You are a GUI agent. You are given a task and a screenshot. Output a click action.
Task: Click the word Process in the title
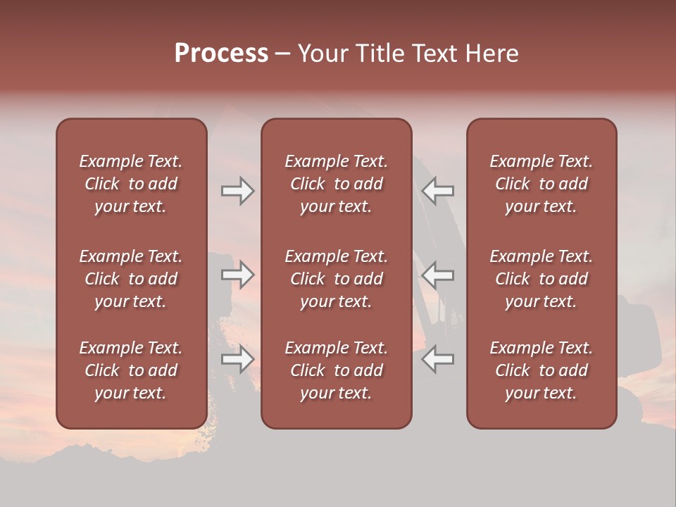pyautogui.click(x=221, y=54)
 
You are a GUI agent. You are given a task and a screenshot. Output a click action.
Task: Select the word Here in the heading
pyautogui.click(x=492, y=54)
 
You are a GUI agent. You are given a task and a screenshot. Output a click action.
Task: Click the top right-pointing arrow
pyautogui.click(x=237, y=191)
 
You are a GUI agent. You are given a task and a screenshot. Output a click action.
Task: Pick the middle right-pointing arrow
pyautogui.click(x=237, y=275)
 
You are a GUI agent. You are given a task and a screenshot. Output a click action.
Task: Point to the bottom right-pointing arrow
pyautogui.click(x=237, y=360)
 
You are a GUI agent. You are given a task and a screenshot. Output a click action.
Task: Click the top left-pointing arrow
pyautogui.click(x=438, y=191)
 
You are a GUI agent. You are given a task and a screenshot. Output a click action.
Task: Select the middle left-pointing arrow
pyautogui.click(x=438, y=275)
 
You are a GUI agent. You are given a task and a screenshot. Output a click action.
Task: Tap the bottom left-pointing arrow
pyautogui.click(x=438, y=360)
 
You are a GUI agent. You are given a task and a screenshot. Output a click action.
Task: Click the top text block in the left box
pyautogui.click(x=131, y=184)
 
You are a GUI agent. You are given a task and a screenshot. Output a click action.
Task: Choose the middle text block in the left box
pyautogui.click(x=131, y=279)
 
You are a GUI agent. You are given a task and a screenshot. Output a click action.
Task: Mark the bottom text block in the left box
pyautogui.click(x=131, y=370)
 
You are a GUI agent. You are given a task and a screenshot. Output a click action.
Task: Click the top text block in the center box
pyautogui.click(x=336, y=184)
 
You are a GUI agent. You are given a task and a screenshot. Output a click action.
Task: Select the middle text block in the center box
pyautogui.click(x=336, y=279)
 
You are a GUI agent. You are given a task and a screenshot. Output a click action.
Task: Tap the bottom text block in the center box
pyautogui.click(x=336, y=370)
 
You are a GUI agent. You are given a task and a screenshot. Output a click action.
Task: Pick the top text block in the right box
pyautogui.click(x=541, y=184)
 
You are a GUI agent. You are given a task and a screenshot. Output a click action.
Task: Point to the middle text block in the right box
pyautogui.click(x=541, y=279)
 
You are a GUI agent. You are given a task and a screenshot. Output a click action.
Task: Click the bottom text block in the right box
pyautogui.click(x=541, y=370)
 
